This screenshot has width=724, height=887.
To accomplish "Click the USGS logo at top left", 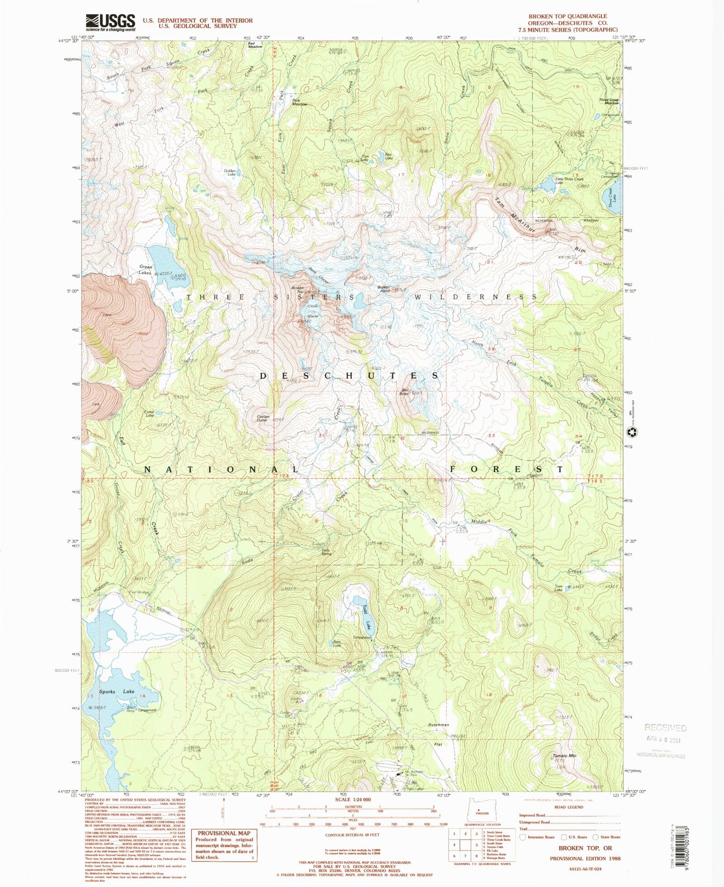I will click(110, 23).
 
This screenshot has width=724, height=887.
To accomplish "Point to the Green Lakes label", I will click(145, 270).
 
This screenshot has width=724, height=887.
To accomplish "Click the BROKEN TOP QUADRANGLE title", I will click(567, 16).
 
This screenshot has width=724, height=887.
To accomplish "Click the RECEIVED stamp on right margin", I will click(665, 728).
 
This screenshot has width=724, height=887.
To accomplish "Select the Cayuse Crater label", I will click(263, 418).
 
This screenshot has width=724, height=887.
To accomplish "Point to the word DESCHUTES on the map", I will click(349, 376).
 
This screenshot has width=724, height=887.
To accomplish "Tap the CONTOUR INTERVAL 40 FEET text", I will click(353, 834).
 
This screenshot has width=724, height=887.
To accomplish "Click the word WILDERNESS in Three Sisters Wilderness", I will click(475, 297).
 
